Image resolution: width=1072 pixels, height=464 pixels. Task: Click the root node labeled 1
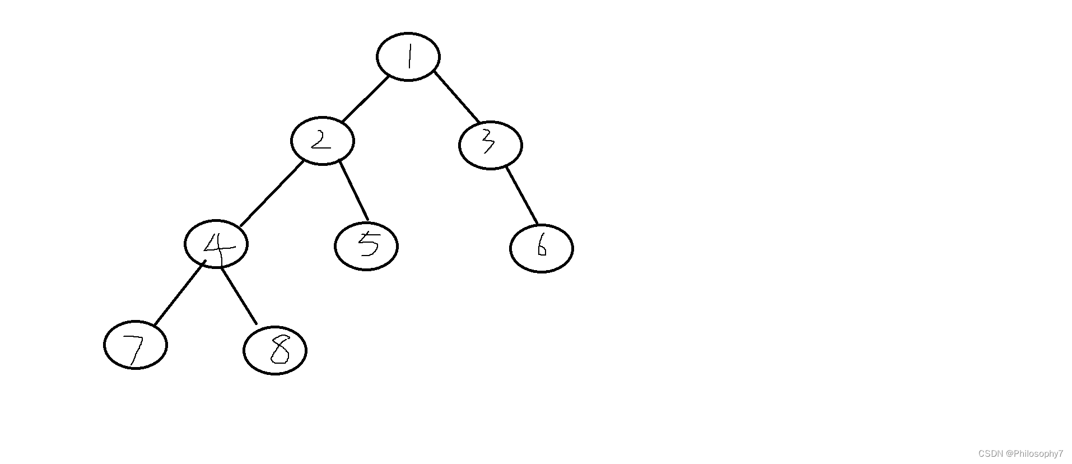pyautogui.click(x=408, y=57)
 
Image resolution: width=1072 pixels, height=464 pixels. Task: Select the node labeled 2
pyautogui.click(x=322, y=141)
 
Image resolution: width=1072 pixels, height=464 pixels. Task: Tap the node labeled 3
pyautogui.click(x=490, y=145)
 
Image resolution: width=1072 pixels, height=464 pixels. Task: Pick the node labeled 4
pyautogui.click(x=216, y=244)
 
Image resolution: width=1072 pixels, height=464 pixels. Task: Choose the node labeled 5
pyautogui.click(x=366, y=246)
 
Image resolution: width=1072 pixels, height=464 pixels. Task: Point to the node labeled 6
pyautogui.click(x=541, y=248)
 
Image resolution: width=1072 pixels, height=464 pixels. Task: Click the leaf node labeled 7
pyautogui.click(x=136, y=345)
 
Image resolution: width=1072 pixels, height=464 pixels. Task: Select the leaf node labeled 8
pyautogui.click(x=274, y=350)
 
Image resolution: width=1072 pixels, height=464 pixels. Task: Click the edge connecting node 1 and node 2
pyautogui.click(x=365, y=99)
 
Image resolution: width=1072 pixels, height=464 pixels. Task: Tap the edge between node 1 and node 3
pyautogui.click(x=456, y=98)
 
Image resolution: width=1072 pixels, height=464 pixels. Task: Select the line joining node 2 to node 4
pyautogui.click(x=272, y=194)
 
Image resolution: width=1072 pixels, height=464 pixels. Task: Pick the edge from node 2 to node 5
pyautogui.click(x=354, y=191)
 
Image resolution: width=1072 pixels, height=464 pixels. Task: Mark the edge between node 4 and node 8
pyautogui.click(x=238, y=296)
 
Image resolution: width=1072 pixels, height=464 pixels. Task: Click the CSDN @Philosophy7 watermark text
pyautogui.click(x=1020, y=453)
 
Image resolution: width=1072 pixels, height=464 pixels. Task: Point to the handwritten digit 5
pyautogui.click(x=368, y=244)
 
